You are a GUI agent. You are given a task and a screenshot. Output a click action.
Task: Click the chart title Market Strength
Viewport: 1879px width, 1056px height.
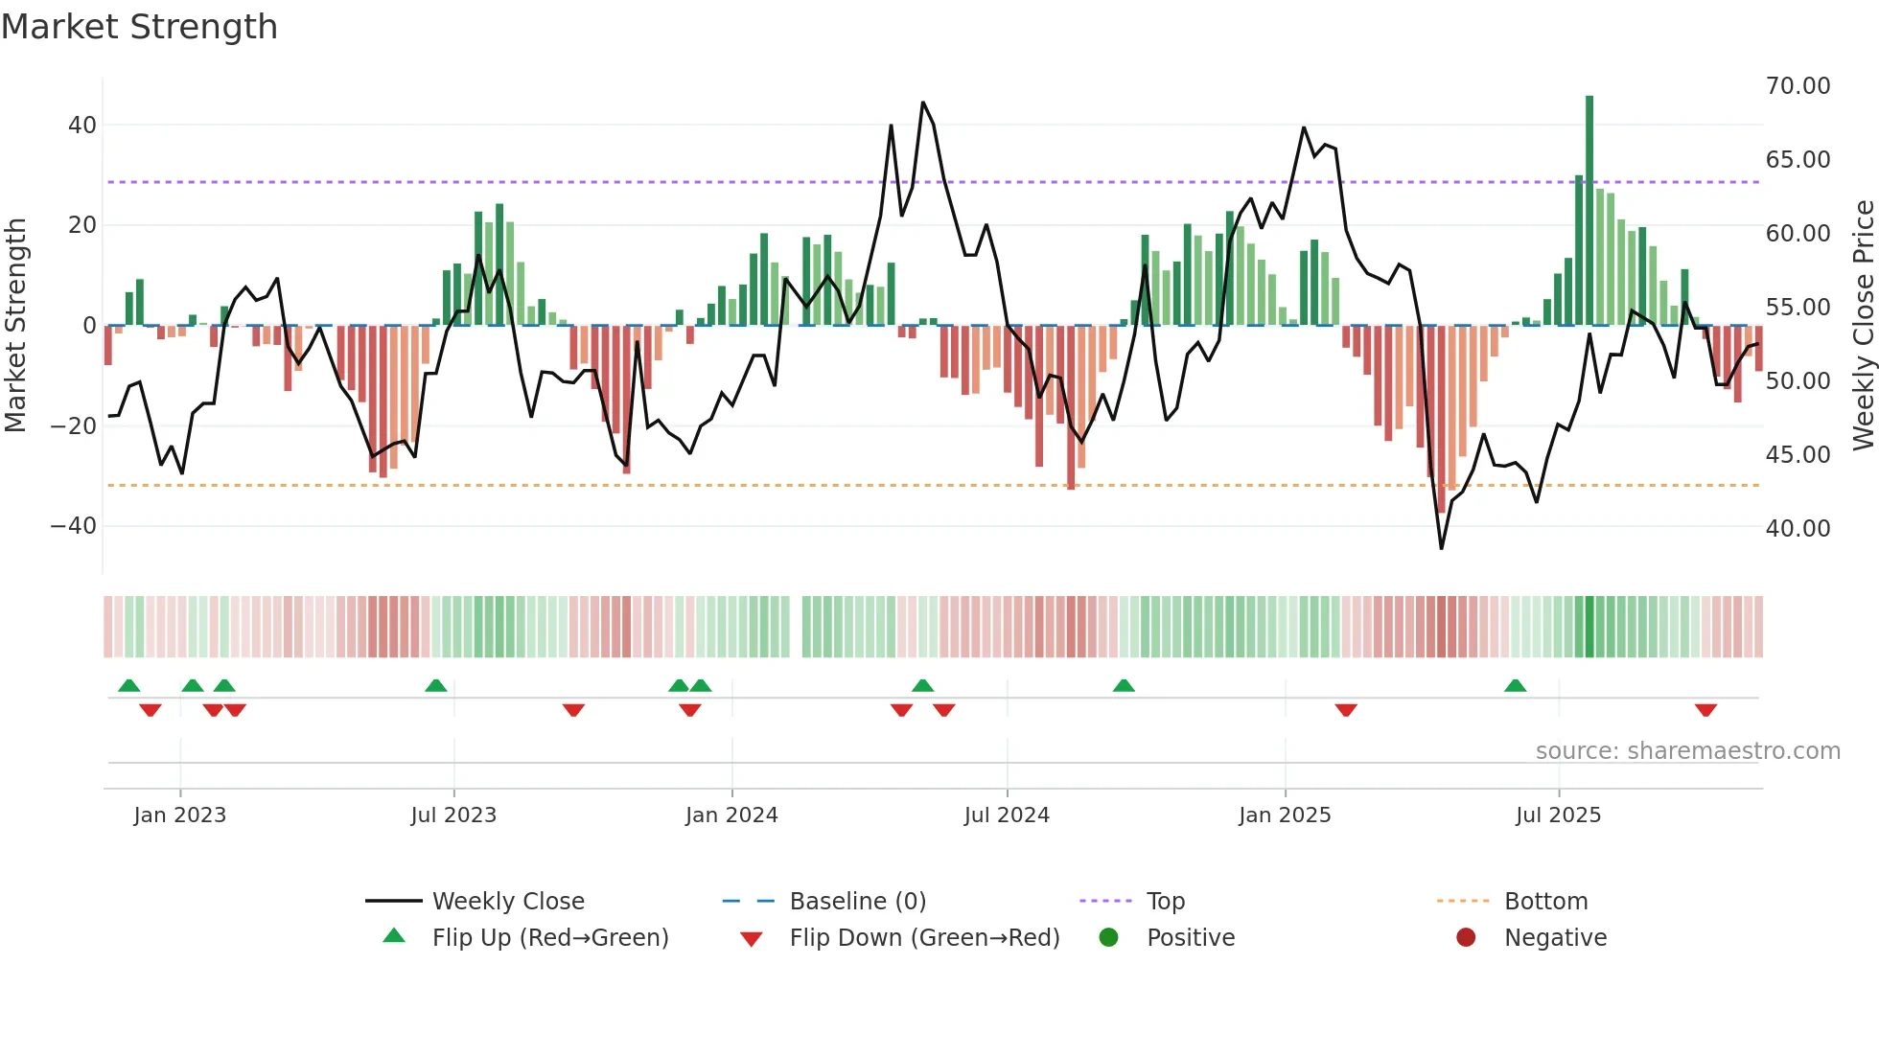point(139,27)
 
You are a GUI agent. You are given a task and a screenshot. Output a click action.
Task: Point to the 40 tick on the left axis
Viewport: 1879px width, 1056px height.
point(81,126)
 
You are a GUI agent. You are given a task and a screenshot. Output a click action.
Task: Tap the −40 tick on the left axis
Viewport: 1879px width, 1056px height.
point(73,526)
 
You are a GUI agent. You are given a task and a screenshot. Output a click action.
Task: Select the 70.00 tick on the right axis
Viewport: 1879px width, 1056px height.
point(1798,86)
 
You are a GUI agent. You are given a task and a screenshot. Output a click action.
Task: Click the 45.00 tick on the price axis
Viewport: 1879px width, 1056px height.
point(1798,455)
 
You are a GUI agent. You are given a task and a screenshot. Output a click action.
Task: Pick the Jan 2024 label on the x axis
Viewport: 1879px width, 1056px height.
point(731,815)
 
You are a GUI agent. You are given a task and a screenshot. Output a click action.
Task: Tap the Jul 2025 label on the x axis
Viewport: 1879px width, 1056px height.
point(1558,815)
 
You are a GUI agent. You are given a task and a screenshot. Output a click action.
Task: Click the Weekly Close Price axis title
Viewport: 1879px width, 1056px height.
point(1862,326)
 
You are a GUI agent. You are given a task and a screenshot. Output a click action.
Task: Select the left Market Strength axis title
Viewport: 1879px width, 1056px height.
point(15,326)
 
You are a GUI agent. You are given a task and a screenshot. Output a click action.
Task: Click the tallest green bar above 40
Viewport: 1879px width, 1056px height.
point(1589,192)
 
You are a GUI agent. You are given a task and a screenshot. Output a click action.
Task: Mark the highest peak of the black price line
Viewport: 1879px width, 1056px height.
point(923,103)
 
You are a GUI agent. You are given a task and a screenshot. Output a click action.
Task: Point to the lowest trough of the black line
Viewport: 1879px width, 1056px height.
point(1441,548)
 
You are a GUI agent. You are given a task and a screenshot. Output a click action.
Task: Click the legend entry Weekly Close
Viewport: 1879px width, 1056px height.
point(507,902)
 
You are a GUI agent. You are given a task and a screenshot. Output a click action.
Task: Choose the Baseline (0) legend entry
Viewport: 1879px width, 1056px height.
point(857,902)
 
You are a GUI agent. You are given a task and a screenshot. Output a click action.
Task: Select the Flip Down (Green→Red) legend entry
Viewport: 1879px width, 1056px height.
point(924,938)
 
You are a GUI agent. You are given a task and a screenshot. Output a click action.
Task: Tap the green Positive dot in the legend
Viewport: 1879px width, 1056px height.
point(1109,938)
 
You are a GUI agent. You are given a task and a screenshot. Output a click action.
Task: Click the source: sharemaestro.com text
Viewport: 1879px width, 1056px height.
point(1687,751)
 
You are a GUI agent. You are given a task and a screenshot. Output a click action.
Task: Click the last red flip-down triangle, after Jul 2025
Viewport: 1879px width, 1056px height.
point(1705,710)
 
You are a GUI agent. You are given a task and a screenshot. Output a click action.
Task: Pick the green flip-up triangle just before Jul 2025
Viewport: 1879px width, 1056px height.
point(1515,685)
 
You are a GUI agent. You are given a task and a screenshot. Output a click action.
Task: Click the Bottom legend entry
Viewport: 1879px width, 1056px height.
point(1545,902)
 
